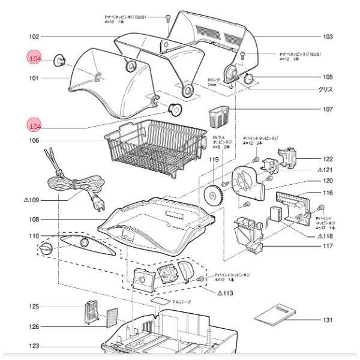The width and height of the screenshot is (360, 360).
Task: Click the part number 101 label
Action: point(34,77)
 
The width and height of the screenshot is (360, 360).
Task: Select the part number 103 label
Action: point(328,37)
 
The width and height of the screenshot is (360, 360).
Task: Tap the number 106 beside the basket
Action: point(34,140)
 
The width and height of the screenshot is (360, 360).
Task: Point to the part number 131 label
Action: point(328,320)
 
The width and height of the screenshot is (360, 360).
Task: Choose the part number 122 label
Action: point(328,159)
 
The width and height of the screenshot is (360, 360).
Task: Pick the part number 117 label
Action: point(328,245)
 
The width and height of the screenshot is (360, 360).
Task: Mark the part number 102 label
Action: point(34,37)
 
